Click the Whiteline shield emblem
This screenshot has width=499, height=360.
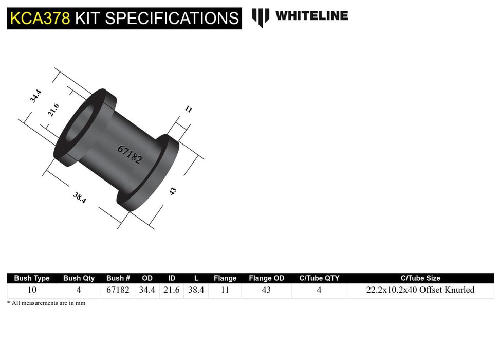pos(261,17)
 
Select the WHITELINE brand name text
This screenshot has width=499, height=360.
pos(311,16)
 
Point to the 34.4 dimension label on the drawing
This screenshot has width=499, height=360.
pos(35,96)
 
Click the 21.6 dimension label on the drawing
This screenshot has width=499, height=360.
pos(53,110)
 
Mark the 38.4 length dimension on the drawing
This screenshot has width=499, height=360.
pos(79,197)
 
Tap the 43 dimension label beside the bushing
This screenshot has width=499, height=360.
pos(173,191)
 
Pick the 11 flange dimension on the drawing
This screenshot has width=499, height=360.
pos(188,109)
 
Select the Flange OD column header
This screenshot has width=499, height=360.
pos(266,278)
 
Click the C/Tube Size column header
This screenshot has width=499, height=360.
pos(420,278)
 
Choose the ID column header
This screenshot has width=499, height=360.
pos(171,278)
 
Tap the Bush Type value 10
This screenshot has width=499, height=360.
pos(32,290)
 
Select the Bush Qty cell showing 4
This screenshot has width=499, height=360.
pos(79,290)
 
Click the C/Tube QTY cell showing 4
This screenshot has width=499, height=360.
pos(319,290)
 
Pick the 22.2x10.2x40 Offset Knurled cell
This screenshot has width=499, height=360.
pos(420,290)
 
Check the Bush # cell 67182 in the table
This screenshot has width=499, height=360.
pos(118,290)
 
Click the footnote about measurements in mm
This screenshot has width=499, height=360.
pos(46,303)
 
